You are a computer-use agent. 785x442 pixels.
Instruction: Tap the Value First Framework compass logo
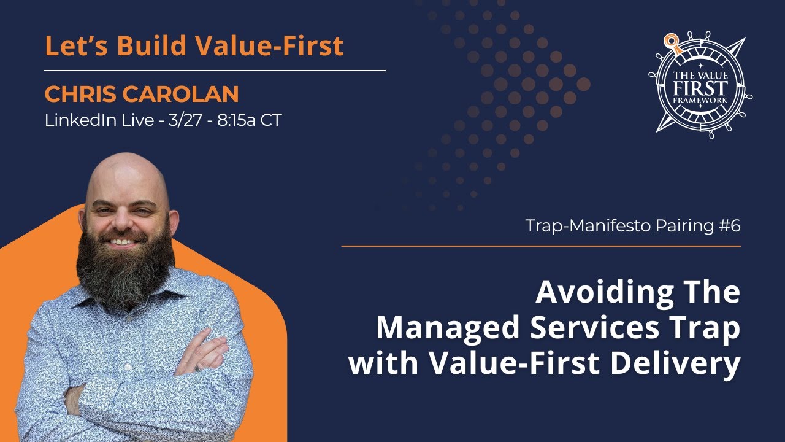700,84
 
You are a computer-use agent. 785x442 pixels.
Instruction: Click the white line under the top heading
215,71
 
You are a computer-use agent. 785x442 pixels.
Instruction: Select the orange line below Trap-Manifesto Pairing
540,246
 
